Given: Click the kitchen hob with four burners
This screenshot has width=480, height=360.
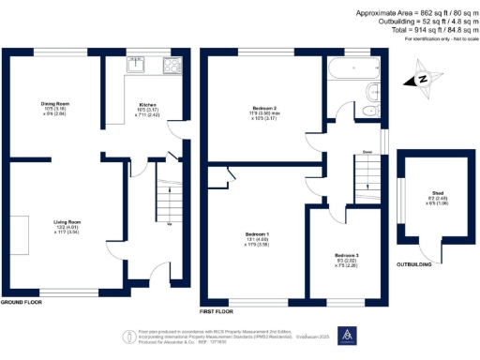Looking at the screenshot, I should pos(172,65).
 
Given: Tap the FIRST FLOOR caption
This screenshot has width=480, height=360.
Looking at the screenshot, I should pos(218,309).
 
